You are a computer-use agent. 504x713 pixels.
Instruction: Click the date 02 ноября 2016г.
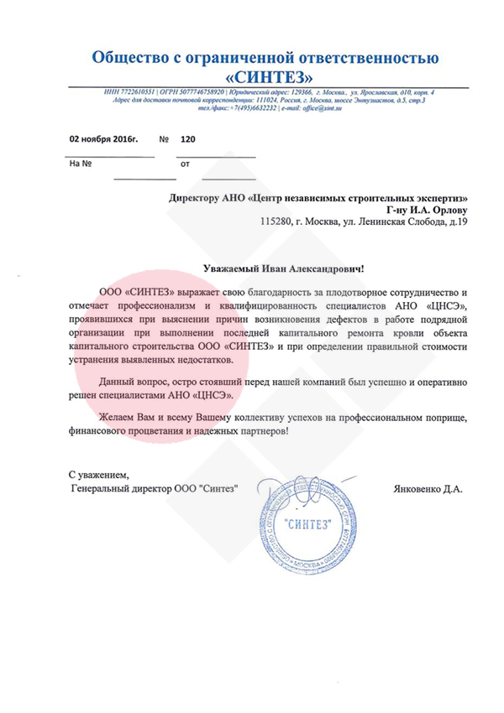[102, 139]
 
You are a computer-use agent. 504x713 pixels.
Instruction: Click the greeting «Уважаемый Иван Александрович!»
[285, 268]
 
